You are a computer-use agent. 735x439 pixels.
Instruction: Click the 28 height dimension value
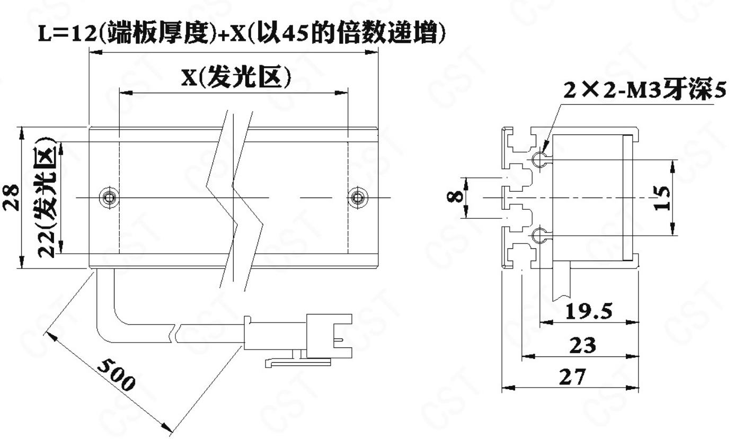[12, 197]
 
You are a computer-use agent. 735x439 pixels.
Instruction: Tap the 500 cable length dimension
[117, 374]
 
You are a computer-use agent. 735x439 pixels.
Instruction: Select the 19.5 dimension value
[588, 311]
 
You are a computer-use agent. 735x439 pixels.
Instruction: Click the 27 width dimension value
[572, 377]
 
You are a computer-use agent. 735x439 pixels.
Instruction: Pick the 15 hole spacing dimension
[662, 198]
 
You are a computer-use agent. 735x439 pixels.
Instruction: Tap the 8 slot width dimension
[455, 196]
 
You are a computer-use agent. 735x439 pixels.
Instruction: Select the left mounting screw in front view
[109, 198]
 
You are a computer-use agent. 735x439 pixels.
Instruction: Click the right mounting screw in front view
[358, 198]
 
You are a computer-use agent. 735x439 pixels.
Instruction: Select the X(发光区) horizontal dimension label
[236, 78]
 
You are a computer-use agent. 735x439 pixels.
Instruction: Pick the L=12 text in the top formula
[68, 34]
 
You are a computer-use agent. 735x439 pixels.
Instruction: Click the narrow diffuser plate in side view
[627, 198]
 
